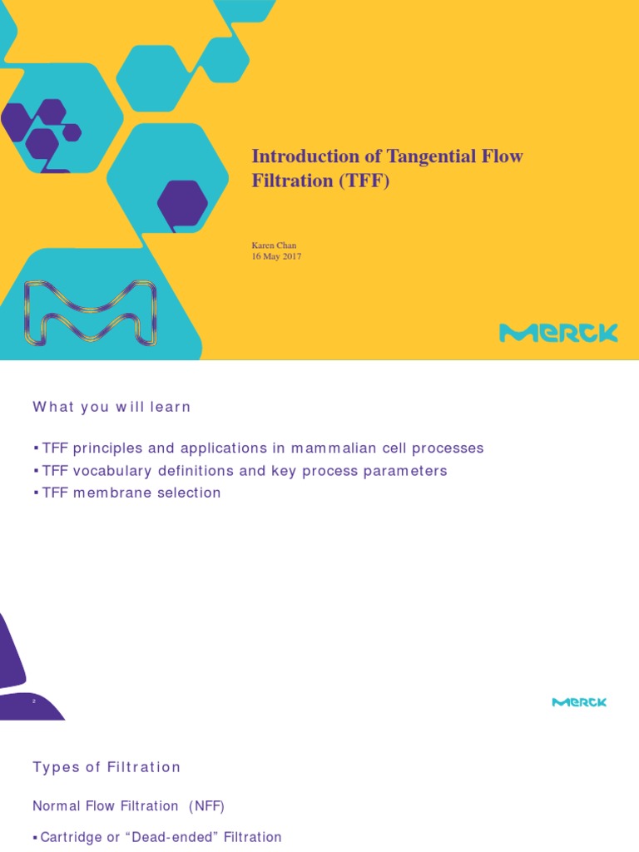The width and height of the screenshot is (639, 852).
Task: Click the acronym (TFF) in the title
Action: coord(365,181)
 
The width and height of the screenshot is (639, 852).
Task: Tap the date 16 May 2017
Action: coord(276,257)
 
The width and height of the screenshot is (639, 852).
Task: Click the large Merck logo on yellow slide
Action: coord(558,334)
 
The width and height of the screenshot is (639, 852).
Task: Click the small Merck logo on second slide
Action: coord(579,702)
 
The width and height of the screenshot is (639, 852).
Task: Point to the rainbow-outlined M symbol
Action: coord(89,313)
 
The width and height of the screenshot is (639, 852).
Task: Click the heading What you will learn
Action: coord(111,407)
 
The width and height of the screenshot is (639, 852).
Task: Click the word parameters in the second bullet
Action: coord(408,471)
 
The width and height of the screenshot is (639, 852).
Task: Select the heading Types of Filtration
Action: coord(106,767)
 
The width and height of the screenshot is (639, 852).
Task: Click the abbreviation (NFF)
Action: coord(206,806)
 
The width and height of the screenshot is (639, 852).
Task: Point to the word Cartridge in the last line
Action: coord(69,837)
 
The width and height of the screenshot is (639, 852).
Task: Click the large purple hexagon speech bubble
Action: coord(182,205)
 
